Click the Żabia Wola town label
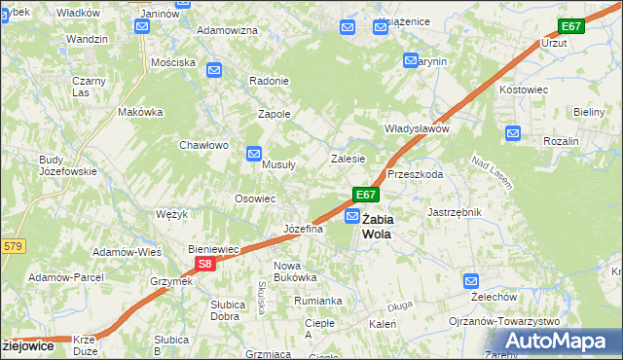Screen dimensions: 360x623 (x=380, y=226)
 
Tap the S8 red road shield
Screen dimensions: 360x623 (x=203, y=264)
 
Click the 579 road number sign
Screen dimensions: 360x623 (x=11, y=246)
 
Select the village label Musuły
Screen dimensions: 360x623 (x=279, y=164)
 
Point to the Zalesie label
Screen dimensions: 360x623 (x=348, y=158)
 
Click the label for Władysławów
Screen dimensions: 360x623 (x=416, y=128)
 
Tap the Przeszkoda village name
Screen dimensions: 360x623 (x=415, y=175)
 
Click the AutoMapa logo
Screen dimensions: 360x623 (x=560, y=341)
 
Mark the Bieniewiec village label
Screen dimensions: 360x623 (x=213, y=249)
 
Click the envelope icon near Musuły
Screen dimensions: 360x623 (x=254, y=153)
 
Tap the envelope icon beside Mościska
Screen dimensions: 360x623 (x=214, y=70)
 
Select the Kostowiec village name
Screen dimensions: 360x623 (x=525, y=89)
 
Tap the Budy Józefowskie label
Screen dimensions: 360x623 (x=67, y=165)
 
